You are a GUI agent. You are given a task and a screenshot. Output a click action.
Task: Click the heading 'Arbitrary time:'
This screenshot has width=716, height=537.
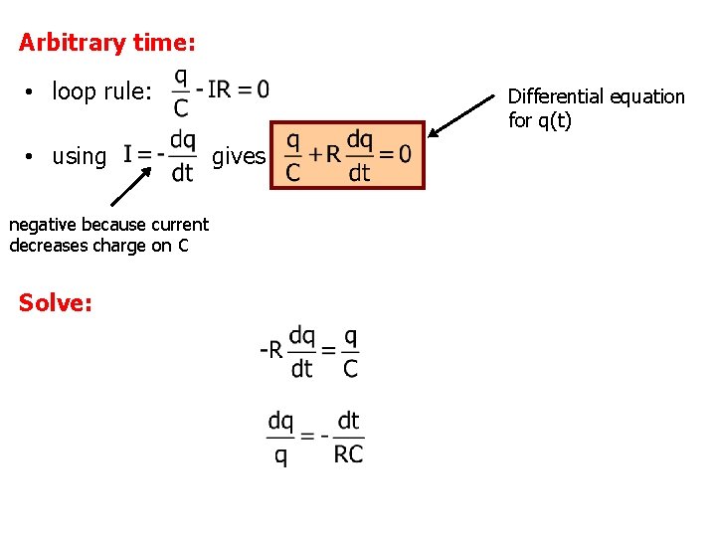coord(107,43)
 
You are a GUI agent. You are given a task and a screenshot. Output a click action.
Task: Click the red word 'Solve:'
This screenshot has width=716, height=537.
coord(56,303)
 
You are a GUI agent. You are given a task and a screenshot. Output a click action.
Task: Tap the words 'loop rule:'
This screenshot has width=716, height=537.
coord(102,92)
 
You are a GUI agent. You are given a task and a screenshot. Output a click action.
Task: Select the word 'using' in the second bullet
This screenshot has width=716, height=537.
coord(79,156)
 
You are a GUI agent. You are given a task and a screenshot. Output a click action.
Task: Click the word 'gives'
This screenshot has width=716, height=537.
coord(239,156)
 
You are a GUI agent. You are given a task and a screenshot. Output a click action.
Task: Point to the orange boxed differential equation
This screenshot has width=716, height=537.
coord(348,156)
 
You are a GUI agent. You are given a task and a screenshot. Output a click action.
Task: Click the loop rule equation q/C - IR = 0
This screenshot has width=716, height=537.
coord(221,90)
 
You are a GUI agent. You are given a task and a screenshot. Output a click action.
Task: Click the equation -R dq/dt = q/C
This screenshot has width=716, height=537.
coord(310,351)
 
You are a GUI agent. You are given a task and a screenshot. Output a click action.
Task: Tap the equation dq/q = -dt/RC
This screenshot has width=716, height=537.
coord(315,438)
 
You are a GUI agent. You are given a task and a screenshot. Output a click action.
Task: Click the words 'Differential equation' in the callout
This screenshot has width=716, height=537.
coord(597,96)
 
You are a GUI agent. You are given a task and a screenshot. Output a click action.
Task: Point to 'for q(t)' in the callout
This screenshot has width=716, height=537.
coord(540,120)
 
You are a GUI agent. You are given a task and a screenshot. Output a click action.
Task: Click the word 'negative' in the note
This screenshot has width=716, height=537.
coord(45,225)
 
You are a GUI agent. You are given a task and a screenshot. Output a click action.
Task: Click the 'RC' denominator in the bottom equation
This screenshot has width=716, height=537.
coord(348,454)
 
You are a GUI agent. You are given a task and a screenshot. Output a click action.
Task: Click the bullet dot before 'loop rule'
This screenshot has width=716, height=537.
coord(33,93)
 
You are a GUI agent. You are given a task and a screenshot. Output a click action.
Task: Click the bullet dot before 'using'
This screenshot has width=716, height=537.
coord(33,157)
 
